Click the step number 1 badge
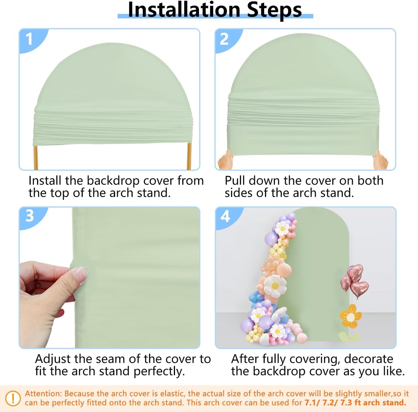(29, 39)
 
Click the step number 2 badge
(224, 39)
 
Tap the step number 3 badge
(30, 216)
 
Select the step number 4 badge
(225, 216)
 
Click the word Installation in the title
(184, 10)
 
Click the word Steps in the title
(274, 10)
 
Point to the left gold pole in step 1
(36, 158)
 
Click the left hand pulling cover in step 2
(225, 161)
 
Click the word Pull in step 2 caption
(235, 181)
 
